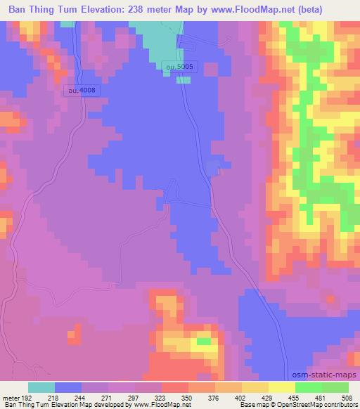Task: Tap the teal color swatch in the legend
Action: point(41,387)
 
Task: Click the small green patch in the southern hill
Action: point(203,342)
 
